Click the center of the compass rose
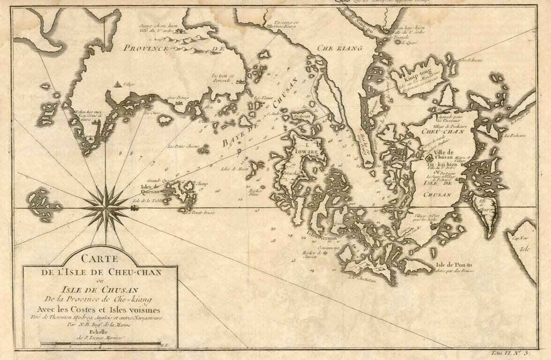[x=105, y=207]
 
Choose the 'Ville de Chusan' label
[x=442, y=154]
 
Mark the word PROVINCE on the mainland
[x=146, y=48]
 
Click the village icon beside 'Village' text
[x=116, y=85]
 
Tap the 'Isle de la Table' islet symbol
[x=134, y=207]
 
